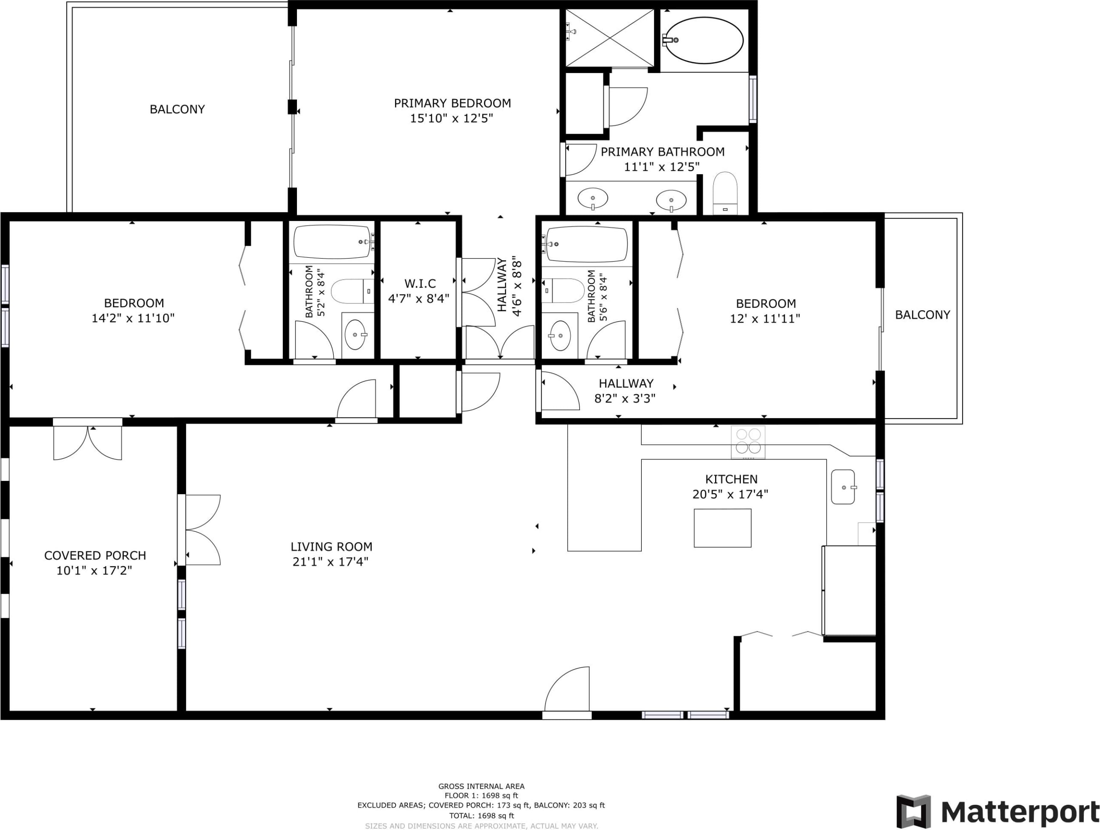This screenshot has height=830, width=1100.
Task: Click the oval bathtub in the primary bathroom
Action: coord(704,40)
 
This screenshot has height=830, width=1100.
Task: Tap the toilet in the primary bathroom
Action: coord(725,193)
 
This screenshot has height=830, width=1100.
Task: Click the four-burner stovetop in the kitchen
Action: coord(748,442)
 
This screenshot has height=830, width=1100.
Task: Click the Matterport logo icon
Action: coord(914,812)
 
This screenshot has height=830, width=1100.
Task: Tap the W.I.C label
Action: coord(420,283)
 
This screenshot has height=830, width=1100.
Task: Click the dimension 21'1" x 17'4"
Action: coord(330,562)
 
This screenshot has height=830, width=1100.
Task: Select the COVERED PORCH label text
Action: coord(95,556)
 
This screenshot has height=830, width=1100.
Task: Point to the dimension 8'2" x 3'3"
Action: coord(625,398)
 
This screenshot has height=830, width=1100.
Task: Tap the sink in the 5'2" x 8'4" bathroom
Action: coord(355,335)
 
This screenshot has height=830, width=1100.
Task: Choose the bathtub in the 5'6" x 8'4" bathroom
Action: coord(587,244)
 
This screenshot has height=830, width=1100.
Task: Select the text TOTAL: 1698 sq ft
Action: coord(481,815)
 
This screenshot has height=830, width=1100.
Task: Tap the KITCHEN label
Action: coord(731,479)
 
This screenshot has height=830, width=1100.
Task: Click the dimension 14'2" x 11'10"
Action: coord(133,318)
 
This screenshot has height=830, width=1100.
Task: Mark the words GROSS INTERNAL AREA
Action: coord(481,786)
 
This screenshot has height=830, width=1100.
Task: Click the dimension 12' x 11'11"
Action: coord(765,318)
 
